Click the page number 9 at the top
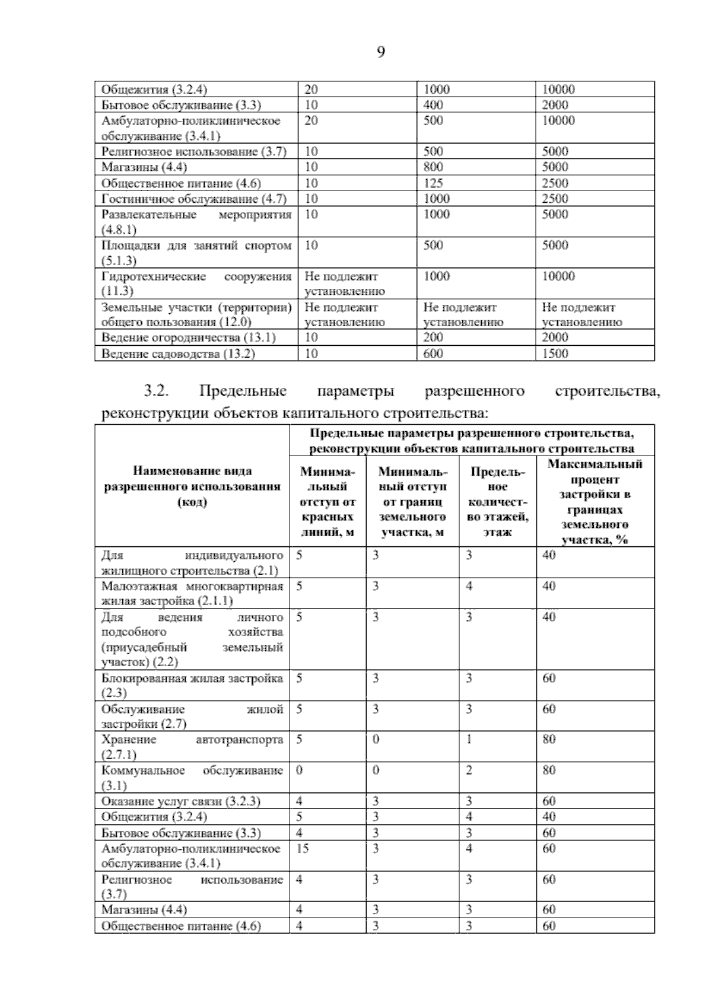coord(380,53)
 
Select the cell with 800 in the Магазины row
coord(433,167)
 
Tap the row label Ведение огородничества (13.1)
coord(189,338)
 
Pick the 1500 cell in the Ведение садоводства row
coord(555,354)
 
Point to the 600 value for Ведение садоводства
coord(433,354)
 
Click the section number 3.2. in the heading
coord(157,391)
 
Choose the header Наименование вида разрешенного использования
coord(192,486)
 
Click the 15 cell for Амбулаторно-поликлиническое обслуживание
coord(303,849)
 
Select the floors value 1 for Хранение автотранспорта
coord(469,740)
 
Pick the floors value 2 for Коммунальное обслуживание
coord(469,771)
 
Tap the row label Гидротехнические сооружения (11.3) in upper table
coord(196,284)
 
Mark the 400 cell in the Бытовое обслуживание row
coord(433,105)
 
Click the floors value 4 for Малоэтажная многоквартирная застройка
coord(469,586)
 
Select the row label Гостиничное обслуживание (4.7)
coord(194,199)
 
